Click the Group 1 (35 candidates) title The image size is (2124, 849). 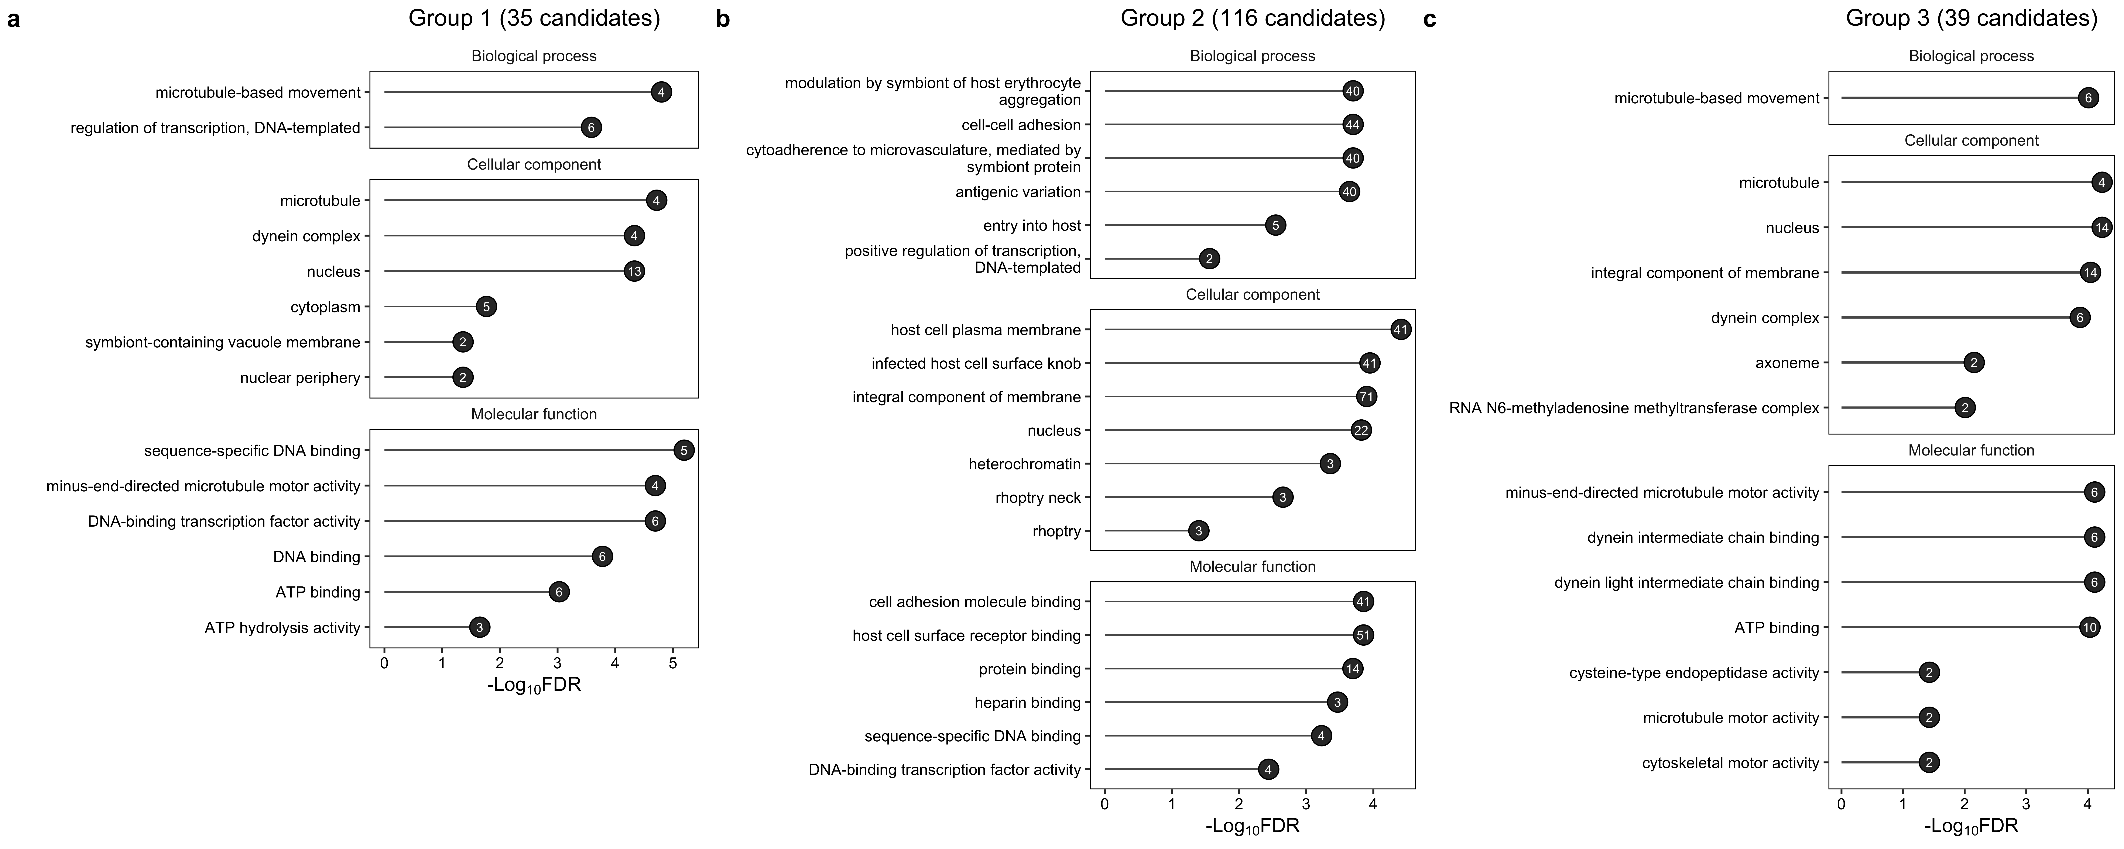click(534, 18)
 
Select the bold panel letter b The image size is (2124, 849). click(723, 19)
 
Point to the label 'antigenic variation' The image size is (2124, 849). click(1017, 192)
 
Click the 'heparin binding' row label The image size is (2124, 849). click(1027, 702)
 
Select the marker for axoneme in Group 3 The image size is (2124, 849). click(1973, 363)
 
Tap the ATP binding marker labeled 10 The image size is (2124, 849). click(2089, 627)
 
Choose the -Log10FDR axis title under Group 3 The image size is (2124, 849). click(1971, 826)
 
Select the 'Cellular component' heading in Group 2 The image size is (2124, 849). click(1253, 294)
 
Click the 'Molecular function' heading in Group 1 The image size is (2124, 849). click(534, 414)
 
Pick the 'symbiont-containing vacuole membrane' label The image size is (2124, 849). click(223, 342)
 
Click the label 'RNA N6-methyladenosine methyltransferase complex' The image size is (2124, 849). click(1634, 408)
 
